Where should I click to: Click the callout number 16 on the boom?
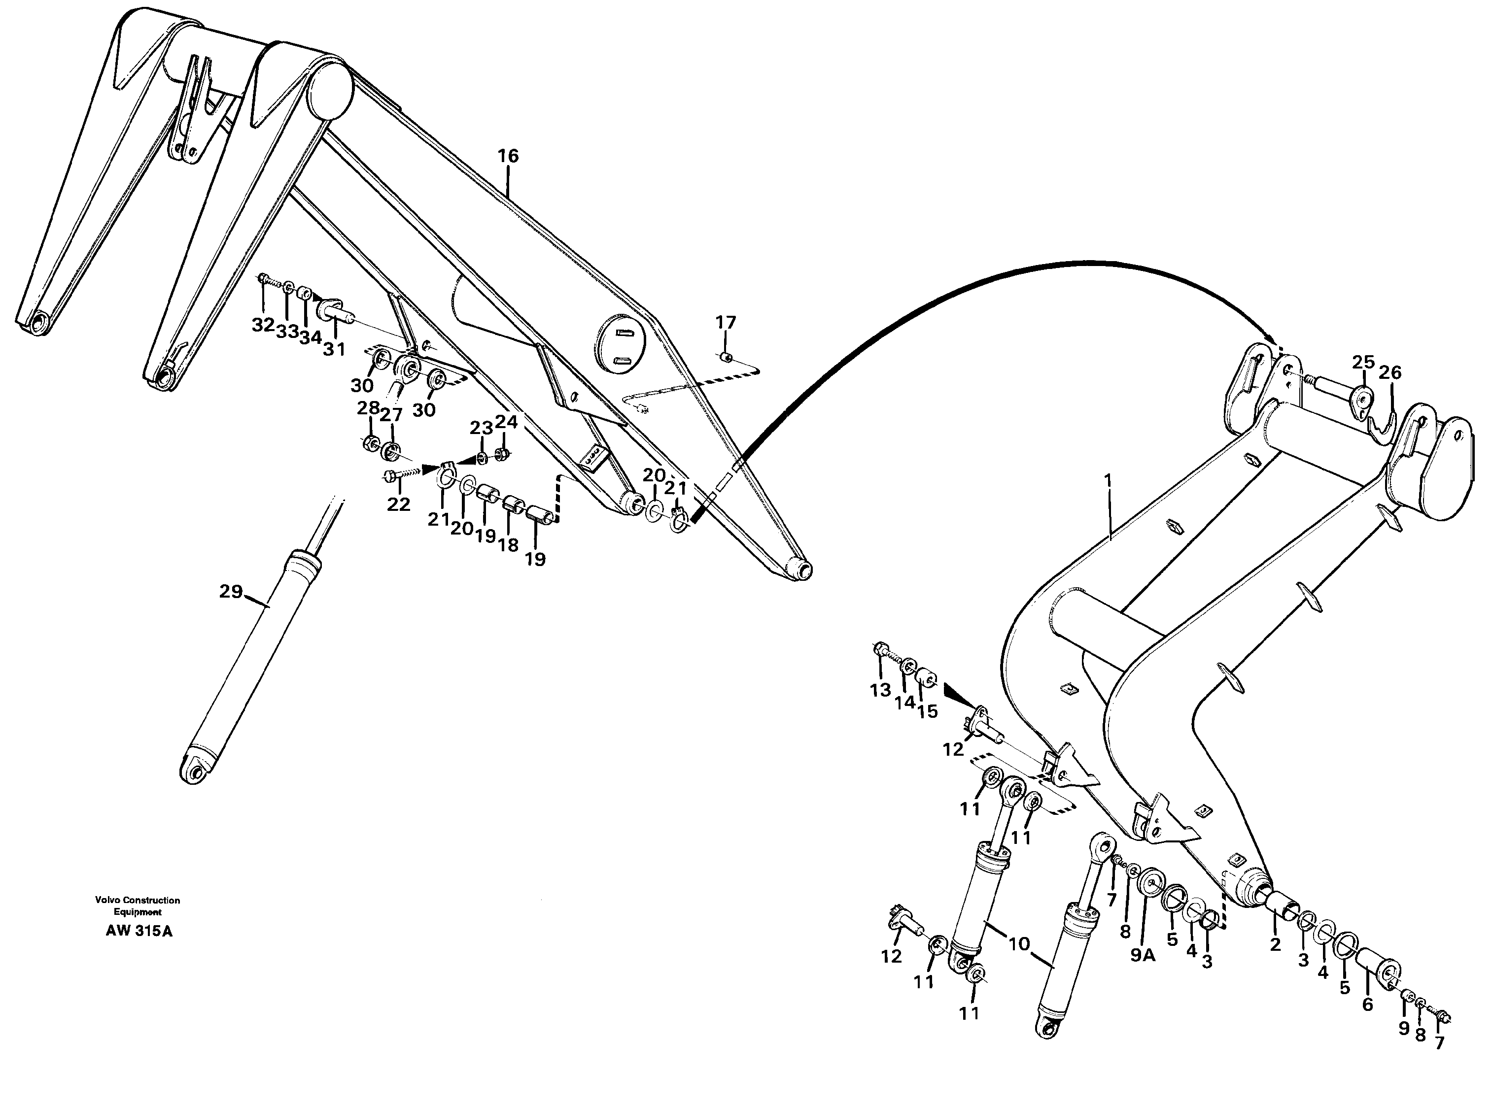tap(508, 156)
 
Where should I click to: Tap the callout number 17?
tap(726, 322)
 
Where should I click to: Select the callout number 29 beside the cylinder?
tap(230, 591)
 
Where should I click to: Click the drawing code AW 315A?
tap(139, 931)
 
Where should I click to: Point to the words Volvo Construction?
tap(137, 901)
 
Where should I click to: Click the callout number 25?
tap(1363, 363)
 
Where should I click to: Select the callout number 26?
tap(1390, 372)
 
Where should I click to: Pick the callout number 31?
tap(335, 349)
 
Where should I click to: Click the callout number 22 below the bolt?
tap(398, 504)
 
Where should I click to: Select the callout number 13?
tap(881, 690)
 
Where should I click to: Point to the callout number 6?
tap(1367, 1004)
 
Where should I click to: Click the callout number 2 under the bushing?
tap(1275, 945)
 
